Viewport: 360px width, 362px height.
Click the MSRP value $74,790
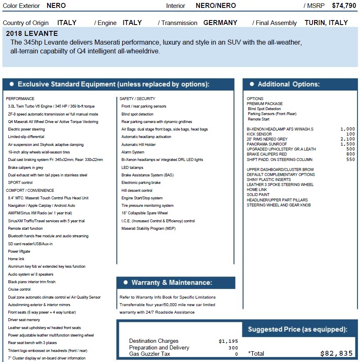[344, 6]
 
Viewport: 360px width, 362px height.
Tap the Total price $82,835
[336, 353]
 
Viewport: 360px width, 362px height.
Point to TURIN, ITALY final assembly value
[326, 23]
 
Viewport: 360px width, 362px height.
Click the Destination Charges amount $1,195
[228, 341]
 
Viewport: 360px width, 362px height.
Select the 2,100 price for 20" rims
[347, 139]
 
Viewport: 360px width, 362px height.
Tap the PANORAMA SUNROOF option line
[266, 144]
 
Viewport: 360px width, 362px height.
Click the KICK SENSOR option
[259, 134]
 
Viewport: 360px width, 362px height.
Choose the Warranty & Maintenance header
[171, 283]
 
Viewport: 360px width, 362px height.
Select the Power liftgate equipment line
[19, 251]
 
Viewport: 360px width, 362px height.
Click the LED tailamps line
[132, 167]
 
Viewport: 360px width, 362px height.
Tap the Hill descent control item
[137, 191]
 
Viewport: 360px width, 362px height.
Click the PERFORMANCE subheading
[20, 99]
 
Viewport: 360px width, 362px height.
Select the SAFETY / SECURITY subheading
[137, 99]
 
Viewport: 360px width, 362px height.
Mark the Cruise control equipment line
[19, 289]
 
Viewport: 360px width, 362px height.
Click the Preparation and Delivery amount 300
[233, 348]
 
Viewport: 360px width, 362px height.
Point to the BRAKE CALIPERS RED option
[267, 154]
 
